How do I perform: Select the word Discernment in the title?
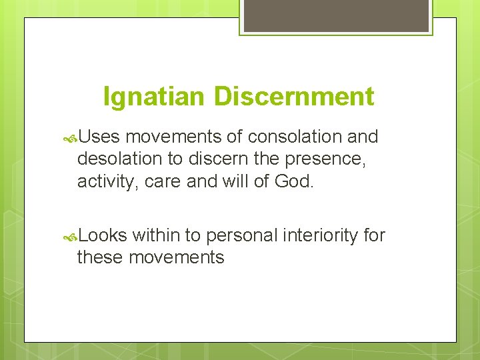coord(294,97)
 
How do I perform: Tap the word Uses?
coord(99,137)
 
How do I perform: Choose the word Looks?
coord(103,235)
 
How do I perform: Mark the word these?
coord(100,257)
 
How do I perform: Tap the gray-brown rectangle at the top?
coord(336,15)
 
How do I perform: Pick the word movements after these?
coord(176,257)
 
